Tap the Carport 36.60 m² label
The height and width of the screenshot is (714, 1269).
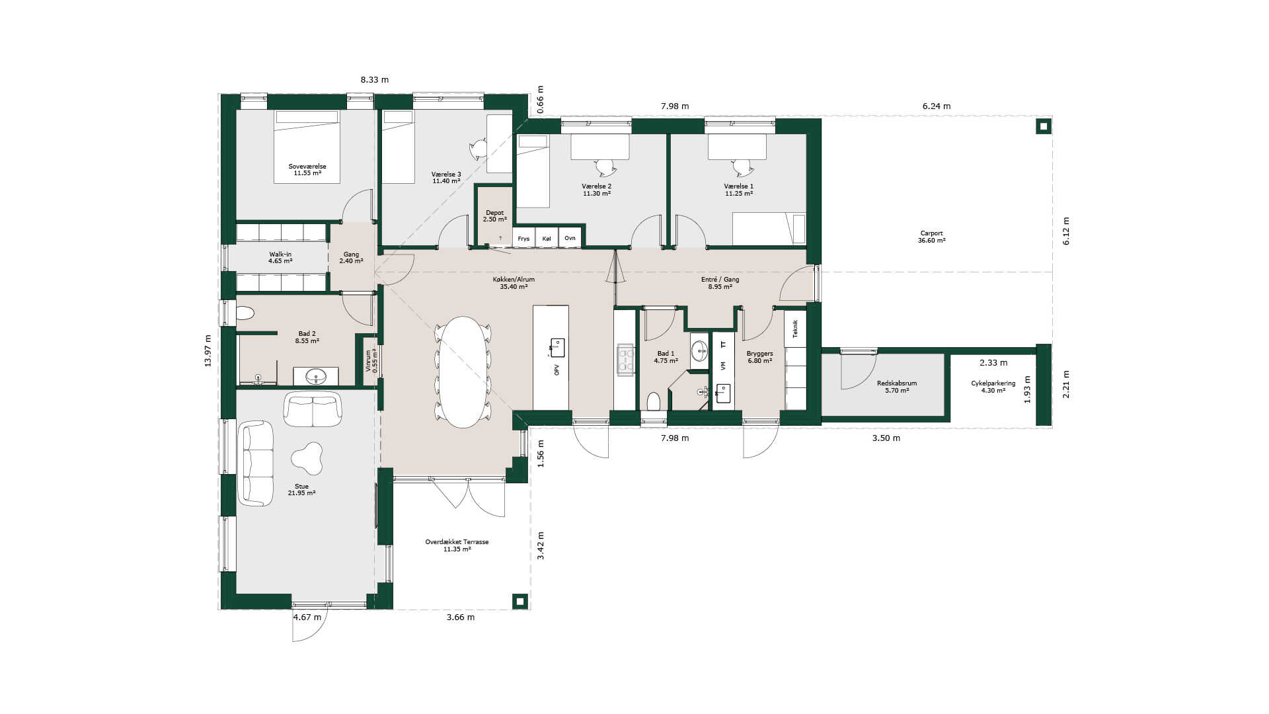[931, 237]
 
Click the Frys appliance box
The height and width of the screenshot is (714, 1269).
[523, 238]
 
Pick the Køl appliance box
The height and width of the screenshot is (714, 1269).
[547, 238]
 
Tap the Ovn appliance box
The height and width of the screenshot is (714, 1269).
[570, 238]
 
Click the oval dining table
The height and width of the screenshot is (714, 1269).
[463, 372]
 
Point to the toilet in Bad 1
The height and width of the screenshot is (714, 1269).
[654, 401]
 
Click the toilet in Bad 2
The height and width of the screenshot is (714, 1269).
[245, 313]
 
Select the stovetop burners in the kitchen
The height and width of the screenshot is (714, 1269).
[625, 359]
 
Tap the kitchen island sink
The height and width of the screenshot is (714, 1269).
[557, 347]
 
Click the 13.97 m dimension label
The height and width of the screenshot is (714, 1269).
[208, 350]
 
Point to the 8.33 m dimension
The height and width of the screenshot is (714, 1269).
[375, 80]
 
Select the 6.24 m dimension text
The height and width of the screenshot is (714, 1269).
[937, 106]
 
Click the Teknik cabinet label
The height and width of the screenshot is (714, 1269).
[795, 329]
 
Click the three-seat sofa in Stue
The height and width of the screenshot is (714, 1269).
[256, 463]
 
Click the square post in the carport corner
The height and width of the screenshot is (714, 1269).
[1043, 126]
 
